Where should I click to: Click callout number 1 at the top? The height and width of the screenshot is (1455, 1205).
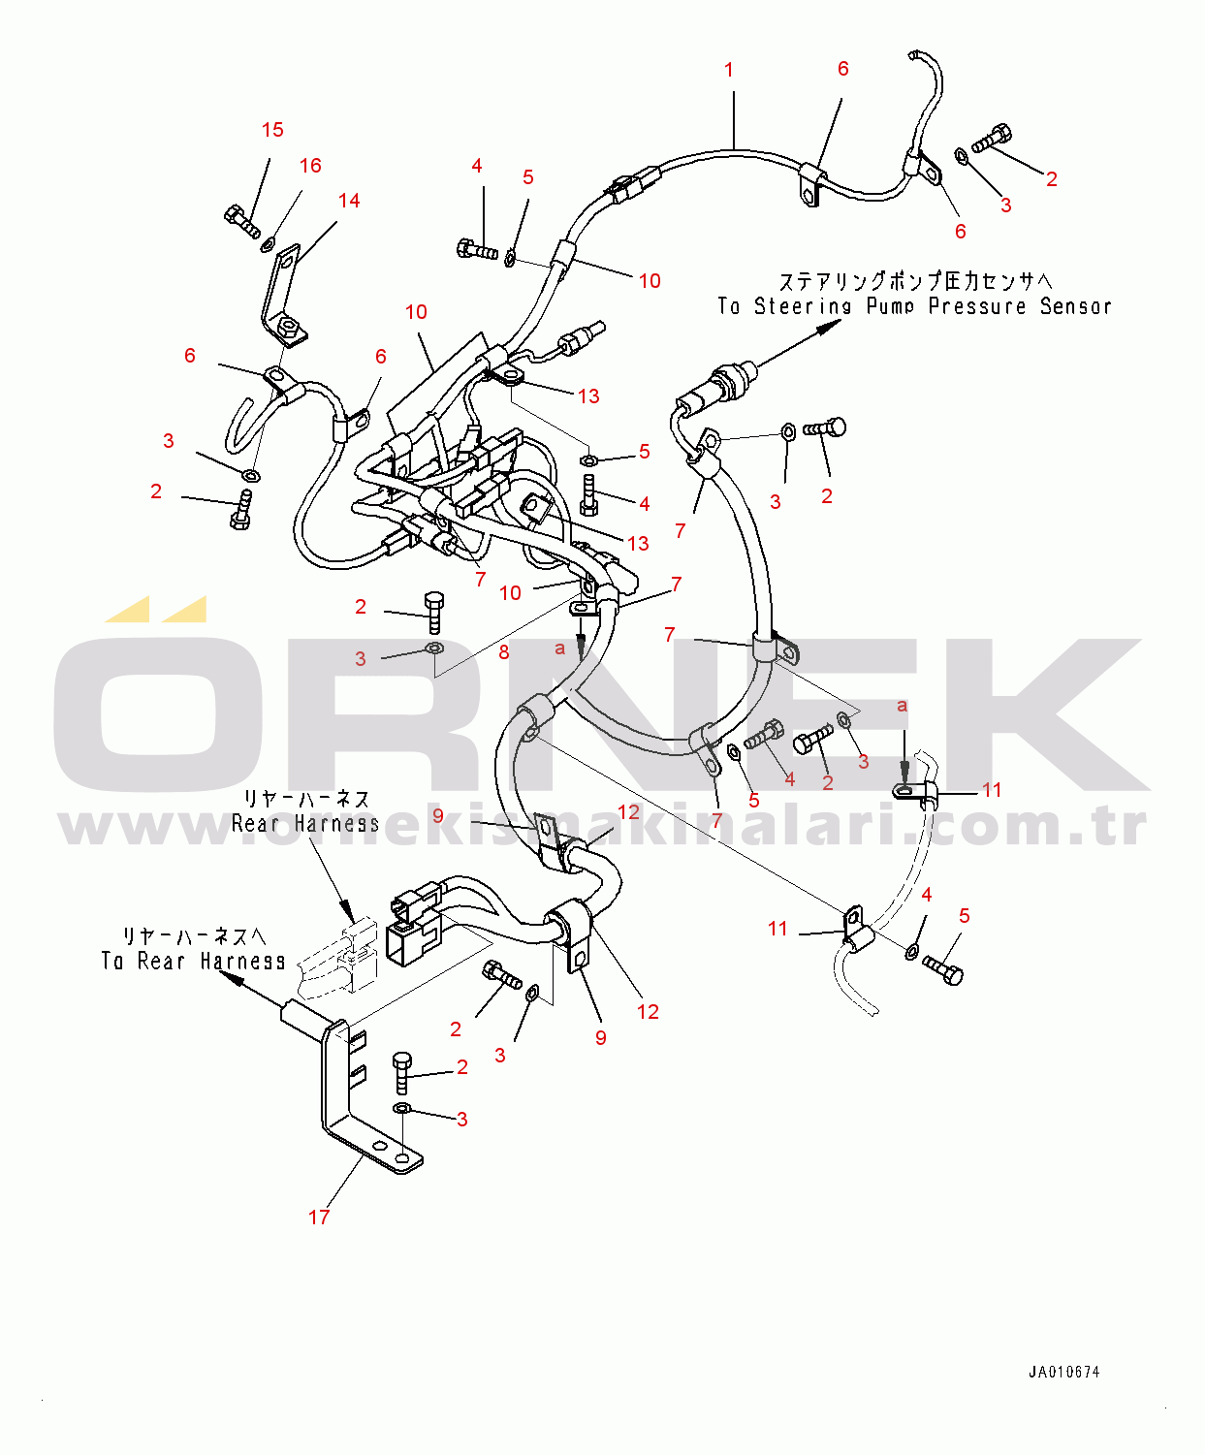tap(729, 70)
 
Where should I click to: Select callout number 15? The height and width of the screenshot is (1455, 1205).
tap(272, 130)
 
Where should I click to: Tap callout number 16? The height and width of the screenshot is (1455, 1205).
tap(310, 166)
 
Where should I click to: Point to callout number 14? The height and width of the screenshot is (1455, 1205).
tap(349, 201)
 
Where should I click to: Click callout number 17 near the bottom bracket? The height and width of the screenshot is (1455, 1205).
tap(319, 1218)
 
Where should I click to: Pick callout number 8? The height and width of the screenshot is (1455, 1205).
tap(504, 652)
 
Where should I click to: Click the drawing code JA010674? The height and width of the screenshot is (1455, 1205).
tap(1064, 1373)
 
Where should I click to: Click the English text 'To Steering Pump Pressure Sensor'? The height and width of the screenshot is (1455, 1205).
tap(914, 306)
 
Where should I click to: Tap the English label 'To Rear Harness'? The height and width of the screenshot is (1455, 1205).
tap(194, 962)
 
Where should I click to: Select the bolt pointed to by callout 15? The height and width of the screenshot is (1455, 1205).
tap(241, 221)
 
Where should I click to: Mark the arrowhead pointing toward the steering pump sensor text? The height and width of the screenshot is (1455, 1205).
tap(828, 328)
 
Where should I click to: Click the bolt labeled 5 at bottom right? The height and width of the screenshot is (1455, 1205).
tap(942, 968)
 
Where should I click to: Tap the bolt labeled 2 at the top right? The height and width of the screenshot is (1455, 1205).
tap(992, 139)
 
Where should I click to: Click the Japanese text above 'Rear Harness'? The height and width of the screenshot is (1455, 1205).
tap(306, 800)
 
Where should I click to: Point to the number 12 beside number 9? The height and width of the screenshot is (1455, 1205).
tap(628, 812)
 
